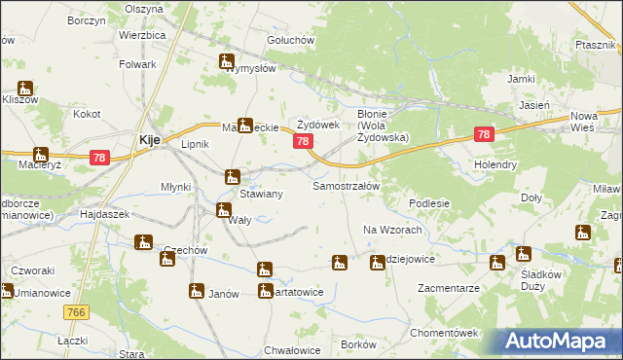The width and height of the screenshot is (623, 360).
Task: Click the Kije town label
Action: pyautogui.click(x=149, y=140)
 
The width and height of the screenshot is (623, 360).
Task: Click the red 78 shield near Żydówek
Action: pyautogui.click(x=303, y=142)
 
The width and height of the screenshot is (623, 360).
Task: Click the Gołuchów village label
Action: pyautogui.click(x=290, y=40)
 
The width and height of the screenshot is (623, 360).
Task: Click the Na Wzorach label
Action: pyautogui.click(x=391, y=230)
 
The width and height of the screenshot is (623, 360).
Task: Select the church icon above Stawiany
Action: pyautogui.click(x=232, y=177)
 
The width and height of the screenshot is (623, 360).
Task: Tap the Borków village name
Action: pyautogui.click(x=359, y=345)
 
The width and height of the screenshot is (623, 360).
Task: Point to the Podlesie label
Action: pyautogui.click(x=428, y=203)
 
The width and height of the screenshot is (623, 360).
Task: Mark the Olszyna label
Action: pyautogui.click(x=144, y=8)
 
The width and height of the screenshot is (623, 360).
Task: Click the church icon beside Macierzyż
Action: pyautogui.click(x=40, y=155)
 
